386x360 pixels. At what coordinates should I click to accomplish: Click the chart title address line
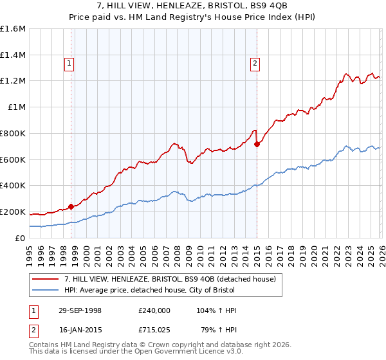pos(193,6)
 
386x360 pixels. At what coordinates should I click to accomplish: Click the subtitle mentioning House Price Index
pos(193,17)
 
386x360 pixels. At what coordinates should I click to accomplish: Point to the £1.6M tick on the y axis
pos(13,29)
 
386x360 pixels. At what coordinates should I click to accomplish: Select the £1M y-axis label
pos(17,107)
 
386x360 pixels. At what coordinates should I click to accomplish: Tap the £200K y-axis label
pos(13,212)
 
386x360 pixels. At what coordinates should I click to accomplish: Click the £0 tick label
pos(21,238)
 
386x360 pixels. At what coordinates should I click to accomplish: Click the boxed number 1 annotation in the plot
pos(69,63)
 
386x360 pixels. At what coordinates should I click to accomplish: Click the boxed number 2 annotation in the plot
pos(255,63)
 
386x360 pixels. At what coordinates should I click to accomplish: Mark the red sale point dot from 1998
pos(71,206)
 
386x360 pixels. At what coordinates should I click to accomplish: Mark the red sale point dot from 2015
pos(257,145)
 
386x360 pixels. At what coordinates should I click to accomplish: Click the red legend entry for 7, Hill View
pos(170,279)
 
